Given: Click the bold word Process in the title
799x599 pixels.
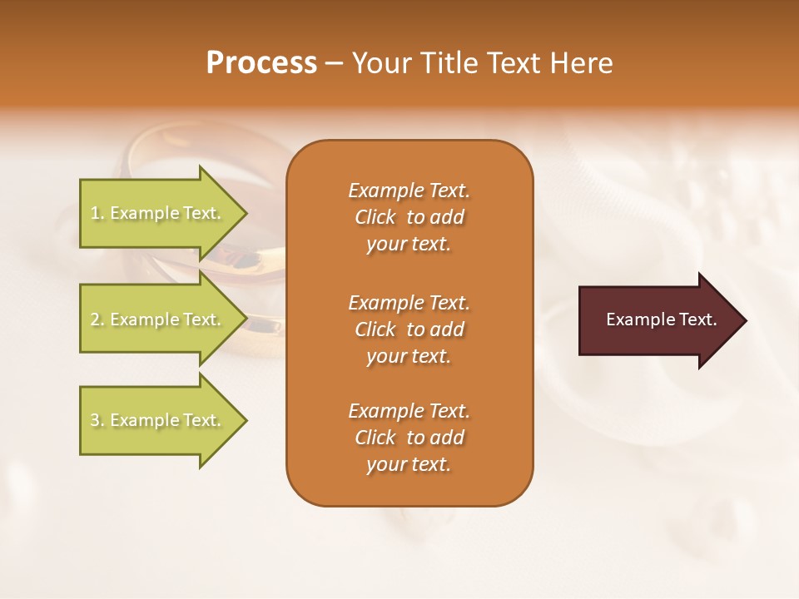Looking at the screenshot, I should point(261,63).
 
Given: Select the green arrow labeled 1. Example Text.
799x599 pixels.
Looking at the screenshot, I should point(158,213).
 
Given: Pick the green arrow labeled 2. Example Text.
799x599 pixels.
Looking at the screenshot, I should point(158,319).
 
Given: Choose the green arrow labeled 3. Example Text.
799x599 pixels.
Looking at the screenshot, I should point(158,420).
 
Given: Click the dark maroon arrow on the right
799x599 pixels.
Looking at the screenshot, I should point(658,319).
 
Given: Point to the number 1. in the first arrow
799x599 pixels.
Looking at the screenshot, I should point(97,213).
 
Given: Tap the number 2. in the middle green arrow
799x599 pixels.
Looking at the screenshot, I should point(97,319).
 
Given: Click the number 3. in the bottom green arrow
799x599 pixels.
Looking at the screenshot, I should point(97,420).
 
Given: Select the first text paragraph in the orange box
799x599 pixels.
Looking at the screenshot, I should point(409,217).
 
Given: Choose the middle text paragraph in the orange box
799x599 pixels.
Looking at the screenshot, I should point(409,329).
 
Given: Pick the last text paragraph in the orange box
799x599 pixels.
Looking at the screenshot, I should point(409,438).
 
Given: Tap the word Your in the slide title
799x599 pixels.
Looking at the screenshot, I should point(382,63).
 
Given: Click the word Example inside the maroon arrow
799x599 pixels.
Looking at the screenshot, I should point(635,319).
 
